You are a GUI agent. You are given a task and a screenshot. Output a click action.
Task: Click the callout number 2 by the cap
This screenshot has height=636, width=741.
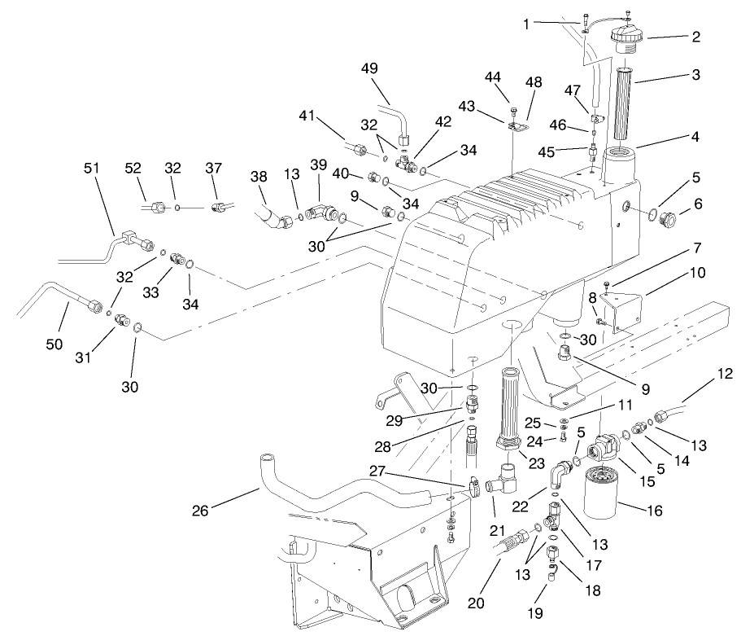coord(696,37)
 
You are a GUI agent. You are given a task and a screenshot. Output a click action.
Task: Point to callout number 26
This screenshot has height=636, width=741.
coord(201,511)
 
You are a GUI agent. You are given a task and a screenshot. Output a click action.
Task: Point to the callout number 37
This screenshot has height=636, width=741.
coord(214,168)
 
